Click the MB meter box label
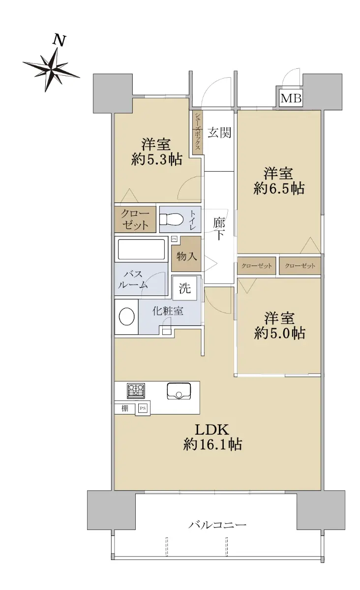pos(291,98)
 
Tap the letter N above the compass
pos(60,40)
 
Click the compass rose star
pos(51,69)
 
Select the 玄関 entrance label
pos(219,132)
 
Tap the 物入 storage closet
pos(186,254)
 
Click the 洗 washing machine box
pos(184,288)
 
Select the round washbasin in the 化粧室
pos(127,316)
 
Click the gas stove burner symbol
pos(136,390)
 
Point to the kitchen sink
pos(179,391)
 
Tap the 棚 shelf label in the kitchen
pos(124,408)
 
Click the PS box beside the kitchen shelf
pos(143,408)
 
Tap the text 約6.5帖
pos(279,189)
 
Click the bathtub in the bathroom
pos(141,249)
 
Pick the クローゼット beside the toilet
pos(135,219)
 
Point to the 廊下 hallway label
pos(219,229)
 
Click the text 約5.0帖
pos(280,333)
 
